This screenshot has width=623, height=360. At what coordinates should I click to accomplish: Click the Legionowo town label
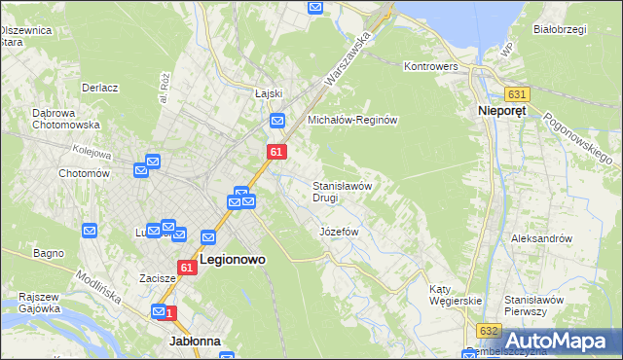235,260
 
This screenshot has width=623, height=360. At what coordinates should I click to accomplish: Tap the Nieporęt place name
503,112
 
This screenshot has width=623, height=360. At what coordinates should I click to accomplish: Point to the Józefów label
340,233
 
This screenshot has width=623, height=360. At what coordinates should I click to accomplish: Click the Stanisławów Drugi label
342,191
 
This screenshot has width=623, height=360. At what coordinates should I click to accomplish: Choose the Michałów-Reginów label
353,120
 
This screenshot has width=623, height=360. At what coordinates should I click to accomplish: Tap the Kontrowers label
430,66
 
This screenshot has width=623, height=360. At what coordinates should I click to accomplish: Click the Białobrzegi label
560,29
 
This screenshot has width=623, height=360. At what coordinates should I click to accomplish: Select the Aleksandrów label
540,237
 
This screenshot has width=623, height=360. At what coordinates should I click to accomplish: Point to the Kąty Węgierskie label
456,295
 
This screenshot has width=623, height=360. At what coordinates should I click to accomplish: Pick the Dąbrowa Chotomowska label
66,119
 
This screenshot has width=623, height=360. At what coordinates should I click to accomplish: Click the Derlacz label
100,88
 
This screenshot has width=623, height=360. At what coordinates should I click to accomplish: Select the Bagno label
49,253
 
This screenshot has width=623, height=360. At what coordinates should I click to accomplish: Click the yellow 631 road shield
517,94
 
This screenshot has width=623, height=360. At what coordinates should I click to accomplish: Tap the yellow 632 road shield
489,331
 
